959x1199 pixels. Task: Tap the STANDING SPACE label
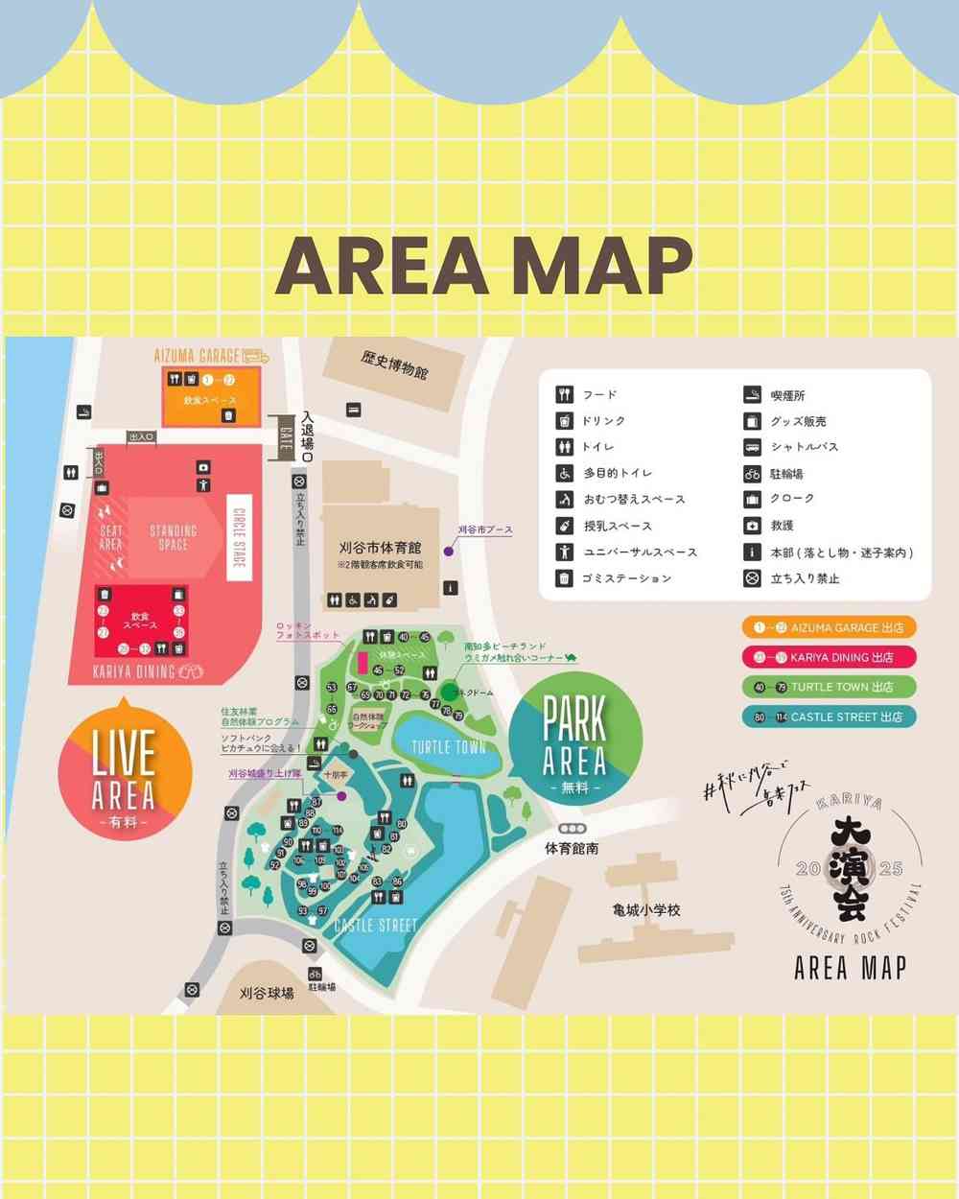point(173,537)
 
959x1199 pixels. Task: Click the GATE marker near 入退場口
point(284,435)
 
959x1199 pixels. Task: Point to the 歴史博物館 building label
point(394,365)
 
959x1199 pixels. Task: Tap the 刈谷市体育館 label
point(380,548)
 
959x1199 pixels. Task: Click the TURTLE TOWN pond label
point(449,747)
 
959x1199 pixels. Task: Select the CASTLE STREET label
point(376,926)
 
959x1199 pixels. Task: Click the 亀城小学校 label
point(646,909)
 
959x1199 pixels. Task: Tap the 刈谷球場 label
point(267,994)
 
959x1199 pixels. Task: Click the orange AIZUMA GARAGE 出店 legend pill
point(829,627)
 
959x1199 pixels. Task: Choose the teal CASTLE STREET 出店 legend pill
point(829,717)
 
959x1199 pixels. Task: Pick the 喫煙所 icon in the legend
point(753,394)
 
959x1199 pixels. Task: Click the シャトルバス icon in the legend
point(753,447)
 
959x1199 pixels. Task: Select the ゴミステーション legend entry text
point(627,578)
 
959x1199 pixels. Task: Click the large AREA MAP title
point(484,264)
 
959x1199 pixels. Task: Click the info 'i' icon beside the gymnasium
point(451,588)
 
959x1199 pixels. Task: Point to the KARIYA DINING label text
point(134,671)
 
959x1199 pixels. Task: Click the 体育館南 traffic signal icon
point(573,828)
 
